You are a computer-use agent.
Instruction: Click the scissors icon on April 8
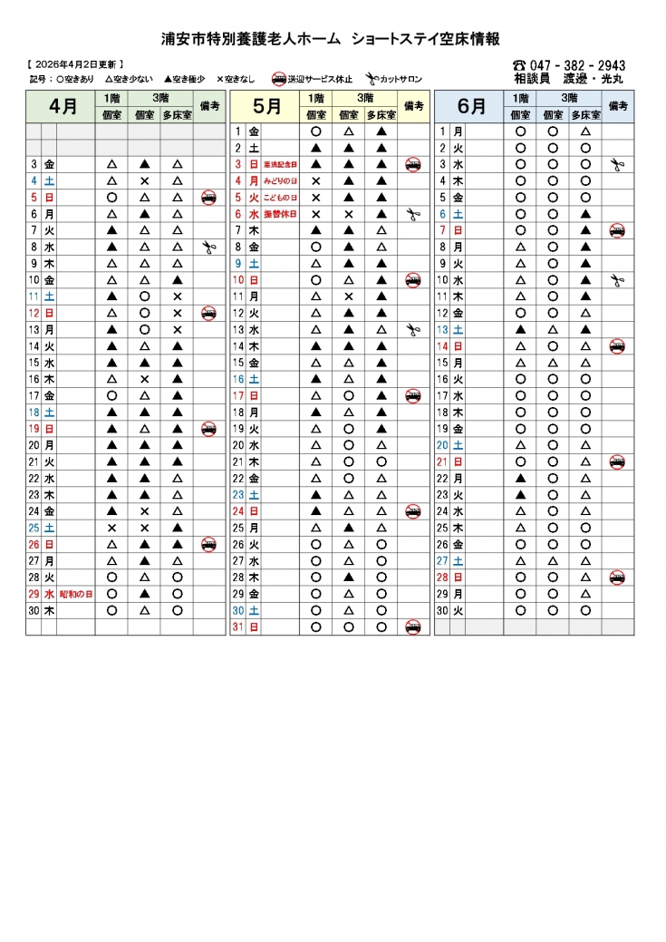point(208,248)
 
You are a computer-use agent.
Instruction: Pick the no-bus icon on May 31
point(413,626)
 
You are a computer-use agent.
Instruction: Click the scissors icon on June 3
point(618,165)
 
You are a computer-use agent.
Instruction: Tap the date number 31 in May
point(238,626)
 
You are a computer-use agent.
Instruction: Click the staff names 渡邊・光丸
point(594,79)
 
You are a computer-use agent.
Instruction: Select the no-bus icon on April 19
point(208,429)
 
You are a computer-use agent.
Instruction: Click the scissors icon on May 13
point(413,330)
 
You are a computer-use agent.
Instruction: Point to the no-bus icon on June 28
point(618,578)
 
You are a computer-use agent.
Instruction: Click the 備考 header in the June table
point(618,106)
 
